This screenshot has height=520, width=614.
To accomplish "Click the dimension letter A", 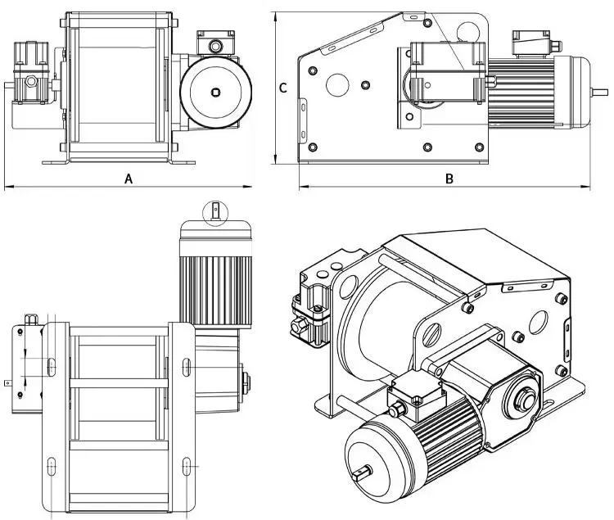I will tap(129, 179).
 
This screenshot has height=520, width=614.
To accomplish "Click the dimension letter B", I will tap(449, 178).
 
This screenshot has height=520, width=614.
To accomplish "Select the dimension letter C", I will tap(283, 88).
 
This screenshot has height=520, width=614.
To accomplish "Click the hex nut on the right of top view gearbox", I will tap(246, 380).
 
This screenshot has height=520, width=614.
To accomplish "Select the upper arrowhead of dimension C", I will tap(276, 16).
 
